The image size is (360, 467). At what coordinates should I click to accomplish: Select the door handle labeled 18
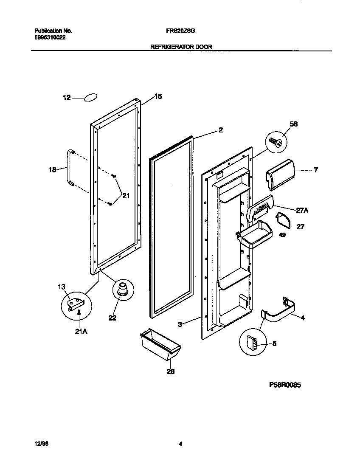[x=68, y=168]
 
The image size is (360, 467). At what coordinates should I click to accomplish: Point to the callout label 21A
[x=81, y=332]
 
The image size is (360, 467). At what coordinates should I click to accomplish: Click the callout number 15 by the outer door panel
[x=157, y=97]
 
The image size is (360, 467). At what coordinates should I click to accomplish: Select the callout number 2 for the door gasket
[x=220, y=130]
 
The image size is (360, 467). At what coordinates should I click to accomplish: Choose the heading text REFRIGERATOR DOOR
[x=181, y=47]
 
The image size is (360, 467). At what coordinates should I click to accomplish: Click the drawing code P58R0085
[x=285, y=385]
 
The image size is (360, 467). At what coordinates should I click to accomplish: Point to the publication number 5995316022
[x=50, y=37]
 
